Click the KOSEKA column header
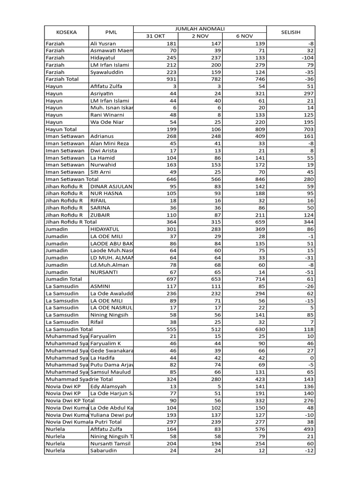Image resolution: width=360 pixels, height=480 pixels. (x=66, y=32)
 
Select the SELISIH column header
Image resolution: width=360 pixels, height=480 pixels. (x=291, y=32)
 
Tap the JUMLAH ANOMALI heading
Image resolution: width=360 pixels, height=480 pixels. (x=200, y=29)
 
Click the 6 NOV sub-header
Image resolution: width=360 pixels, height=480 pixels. (x=244, y=36)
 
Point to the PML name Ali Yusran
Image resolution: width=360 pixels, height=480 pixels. (x=103, y=44)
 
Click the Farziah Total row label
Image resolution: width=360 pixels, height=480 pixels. (x=62, y=79)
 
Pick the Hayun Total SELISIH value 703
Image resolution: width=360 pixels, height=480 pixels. (x=308, y=129)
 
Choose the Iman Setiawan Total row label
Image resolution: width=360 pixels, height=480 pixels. (x=72, y=179)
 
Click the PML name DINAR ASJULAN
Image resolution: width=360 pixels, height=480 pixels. (x=112, y=186)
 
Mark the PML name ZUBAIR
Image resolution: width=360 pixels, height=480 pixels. (x=101, y=215)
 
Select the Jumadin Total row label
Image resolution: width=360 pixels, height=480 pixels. (x=64, y=279)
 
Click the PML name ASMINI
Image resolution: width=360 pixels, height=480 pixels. (x=101, y=286)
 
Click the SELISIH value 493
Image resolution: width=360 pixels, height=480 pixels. (x=308, y=429)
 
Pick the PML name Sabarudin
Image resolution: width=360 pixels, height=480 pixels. (x=104, y=450)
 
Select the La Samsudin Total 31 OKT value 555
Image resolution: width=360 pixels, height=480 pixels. (x=170, y=329)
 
